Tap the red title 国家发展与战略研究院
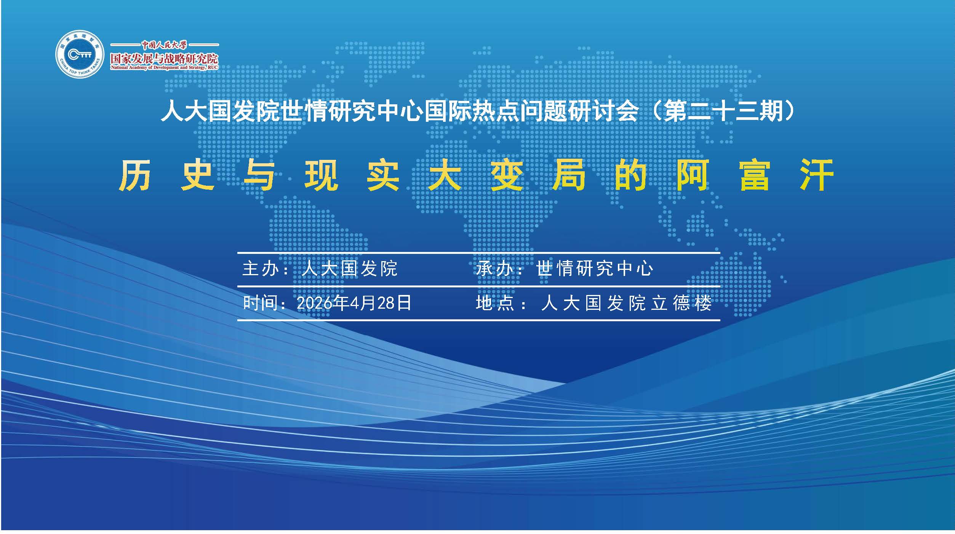coord(164,59)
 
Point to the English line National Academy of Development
coord(164,68)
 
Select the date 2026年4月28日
coord(354,303)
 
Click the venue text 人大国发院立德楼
coord(627,303)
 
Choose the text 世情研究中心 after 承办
coord(595,269)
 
